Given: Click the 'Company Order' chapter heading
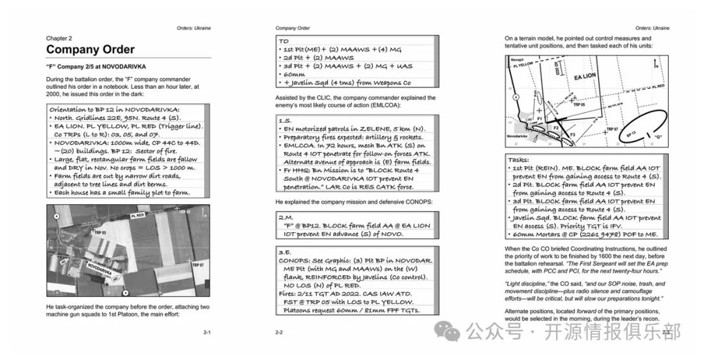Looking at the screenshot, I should (x=90, y=50).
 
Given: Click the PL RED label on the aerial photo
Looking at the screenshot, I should (x=139, y=215).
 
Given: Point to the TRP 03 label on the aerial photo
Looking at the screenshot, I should (x=99, y=232).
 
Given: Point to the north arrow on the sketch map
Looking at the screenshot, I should (x=656, y=63).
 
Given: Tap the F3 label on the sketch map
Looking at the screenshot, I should (x=573, y=134).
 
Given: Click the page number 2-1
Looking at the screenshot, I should (x=207, y=332).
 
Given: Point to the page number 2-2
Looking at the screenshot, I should (x=279, y=332).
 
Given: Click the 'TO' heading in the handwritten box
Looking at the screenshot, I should (x=284, y=40).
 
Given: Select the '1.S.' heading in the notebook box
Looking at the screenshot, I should (x=286, y=121).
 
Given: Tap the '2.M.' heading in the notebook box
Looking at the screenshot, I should (x=286, y=217).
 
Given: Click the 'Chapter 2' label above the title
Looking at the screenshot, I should (x=59, y=38).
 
